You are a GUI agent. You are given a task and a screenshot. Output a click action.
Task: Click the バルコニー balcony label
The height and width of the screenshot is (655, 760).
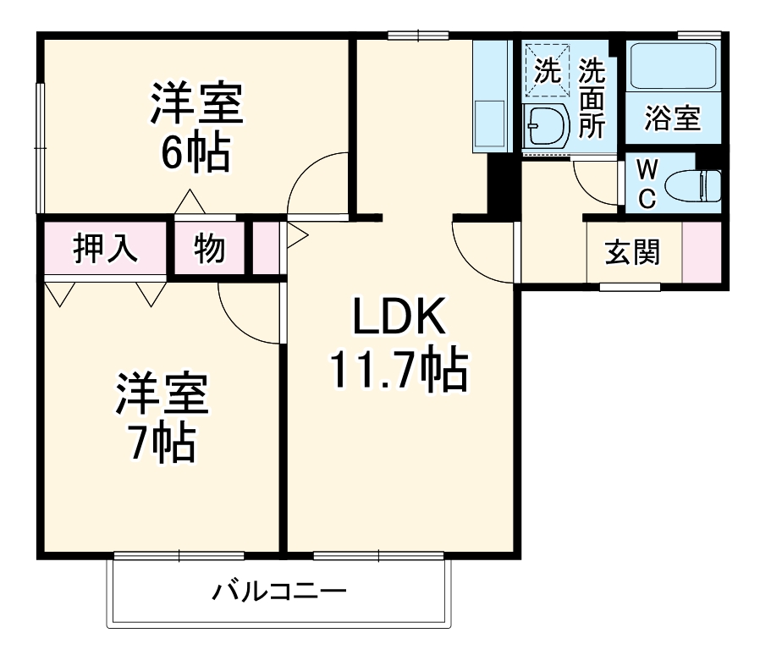tap(278, 591)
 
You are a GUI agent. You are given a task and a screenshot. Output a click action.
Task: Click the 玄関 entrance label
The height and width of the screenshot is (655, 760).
tap(632, 252)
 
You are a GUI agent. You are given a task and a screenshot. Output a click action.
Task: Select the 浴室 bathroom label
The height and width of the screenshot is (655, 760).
tap(673, 118)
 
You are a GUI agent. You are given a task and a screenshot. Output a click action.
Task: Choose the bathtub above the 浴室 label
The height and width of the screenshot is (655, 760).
tap(673, 67)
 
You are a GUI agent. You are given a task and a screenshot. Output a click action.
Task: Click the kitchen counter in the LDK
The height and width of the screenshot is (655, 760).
tap(491, 97)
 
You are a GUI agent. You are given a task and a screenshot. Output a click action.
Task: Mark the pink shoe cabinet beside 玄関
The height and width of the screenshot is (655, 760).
tap(702, 252)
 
